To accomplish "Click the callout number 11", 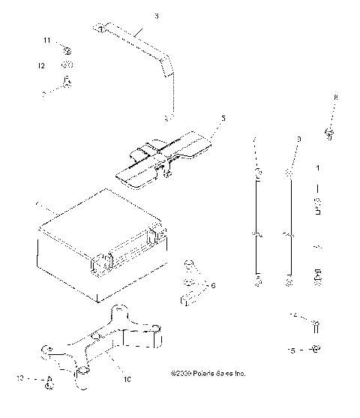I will coord(46,40).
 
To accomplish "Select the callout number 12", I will coord(43,66).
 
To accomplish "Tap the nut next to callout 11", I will coord(66,50).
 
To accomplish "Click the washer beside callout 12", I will coord(66,66).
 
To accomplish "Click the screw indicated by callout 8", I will coord(329,133).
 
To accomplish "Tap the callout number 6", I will coord(212,286).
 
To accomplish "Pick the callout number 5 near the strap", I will coord(222,118).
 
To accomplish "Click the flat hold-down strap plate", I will coord(176,154).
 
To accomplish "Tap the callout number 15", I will coord(294,350).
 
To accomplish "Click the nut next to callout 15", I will coord(316,349).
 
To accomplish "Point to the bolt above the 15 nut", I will coord(316,324).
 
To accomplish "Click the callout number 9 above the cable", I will coord(298,140).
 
